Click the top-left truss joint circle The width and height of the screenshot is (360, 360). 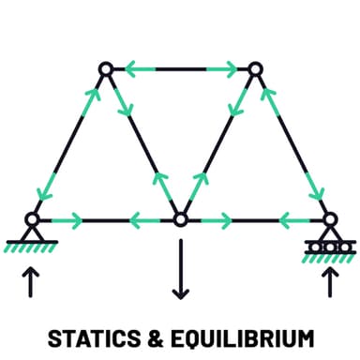pos(106,68)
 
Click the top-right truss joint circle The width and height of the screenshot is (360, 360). pos(254,68)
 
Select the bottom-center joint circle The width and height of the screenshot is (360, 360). pos(180,220)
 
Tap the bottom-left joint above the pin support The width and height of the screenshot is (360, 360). pos(32,220)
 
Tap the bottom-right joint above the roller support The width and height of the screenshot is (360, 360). pos(328,220)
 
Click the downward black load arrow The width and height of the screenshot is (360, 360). pos(180,272)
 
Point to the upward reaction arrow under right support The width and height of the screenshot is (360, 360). pos(328,280)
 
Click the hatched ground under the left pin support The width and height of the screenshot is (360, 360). pos(32,247)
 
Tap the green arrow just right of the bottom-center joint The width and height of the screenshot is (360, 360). pos(215,220)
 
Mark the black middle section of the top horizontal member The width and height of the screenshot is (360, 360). pos(180,68)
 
